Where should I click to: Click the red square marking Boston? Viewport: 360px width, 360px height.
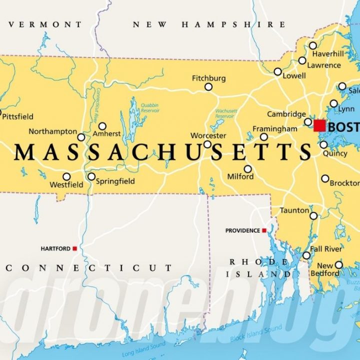tap(319, 125)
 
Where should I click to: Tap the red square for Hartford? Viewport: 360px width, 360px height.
tap(74, 248)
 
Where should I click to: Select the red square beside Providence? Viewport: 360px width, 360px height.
tap(264, 230)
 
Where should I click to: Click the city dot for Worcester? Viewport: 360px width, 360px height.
tap(207, 144)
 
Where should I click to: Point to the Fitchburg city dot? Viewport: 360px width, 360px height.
tap(208, 87)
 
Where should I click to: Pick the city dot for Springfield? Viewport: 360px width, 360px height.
tap(91, 176)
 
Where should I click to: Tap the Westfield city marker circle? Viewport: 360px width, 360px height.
tap(66, 176)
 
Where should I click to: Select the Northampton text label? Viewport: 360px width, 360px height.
tap(52, 131)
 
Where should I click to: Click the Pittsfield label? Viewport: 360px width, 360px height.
tap(18, 116)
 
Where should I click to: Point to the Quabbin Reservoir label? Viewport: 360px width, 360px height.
tap(149, 107)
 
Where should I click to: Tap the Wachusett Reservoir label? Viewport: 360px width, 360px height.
tap(226, 113)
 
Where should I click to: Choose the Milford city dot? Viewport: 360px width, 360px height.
tap(248, 169)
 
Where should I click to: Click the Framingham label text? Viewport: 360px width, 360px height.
tap(274, 129)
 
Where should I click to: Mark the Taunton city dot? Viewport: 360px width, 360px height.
tap(313, 216)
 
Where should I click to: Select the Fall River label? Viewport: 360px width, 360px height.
tap(326, 249)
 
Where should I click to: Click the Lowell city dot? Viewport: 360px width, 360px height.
tap(278, 71)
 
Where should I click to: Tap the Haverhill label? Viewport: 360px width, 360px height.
tap(328, 53)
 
